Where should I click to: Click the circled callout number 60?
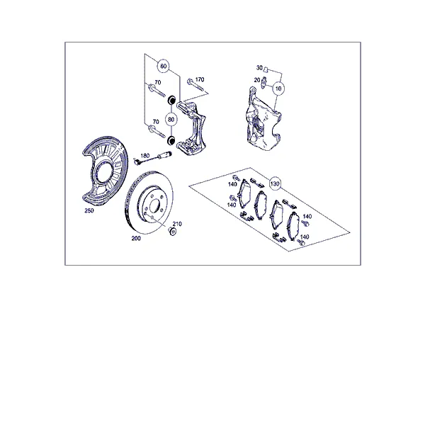tap(164, 66)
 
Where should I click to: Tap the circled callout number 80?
tap(171, 120)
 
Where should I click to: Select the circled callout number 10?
tap(278, 89)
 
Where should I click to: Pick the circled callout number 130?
tap(275, 183)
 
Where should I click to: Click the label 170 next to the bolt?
tap(200, 79)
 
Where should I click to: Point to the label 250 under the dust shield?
tap(89, 210)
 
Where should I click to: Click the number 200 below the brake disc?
tap(136, 238)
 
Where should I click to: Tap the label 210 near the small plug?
tap(177, 224)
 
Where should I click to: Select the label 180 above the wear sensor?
tap(145, 156)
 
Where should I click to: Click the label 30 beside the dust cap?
tap(259, 67)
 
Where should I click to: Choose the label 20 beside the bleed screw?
tap(257, 80)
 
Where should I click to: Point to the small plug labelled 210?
tap(172, 232)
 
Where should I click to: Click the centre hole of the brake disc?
tap(154, 205)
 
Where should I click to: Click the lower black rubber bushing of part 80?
tap(171, 141)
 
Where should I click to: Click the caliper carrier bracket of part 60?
tap(192, 128)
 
